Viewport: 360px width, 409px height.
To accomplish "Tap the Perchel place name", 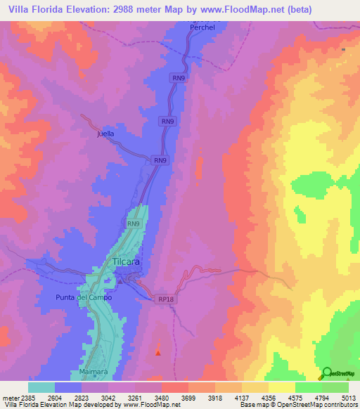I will pos(201,27).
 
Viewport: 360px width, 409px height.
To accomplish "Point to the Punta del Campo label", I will pos(84,297).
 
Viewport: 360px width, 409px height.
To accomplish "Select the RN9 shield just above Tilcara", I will pos(134,223).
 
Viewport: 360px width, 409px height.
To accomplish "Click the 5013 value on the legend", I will pos(349,397).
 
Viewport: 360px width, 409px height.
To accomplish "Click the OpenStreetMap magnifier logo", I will pos(326,373).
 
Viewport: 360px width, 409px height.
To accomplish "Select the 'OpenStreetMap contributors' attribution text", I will pos(321,405).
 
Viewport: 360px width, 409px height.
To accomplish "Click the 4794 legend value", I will pos(322,397).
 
